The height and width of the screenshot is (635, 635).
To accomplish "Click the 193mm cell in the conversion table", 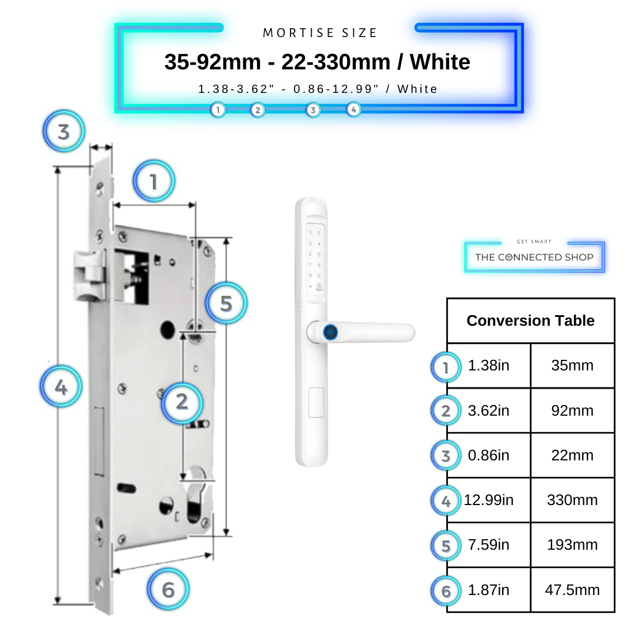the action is click(572, 544).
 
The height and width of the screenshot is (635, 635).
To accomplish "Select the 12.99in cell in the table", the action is click(489, 500).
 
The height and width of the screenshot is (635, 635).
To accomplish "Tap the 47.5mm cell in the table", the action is click(572, 590).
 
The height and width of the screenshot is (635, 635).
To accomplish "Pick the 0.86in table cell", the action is click(489, 455).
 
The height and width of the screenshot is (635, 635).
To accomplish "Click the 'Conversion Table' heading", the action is click(530, 320).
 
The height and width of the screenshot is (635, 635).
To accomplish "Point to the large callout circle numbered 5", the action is click(226, 303).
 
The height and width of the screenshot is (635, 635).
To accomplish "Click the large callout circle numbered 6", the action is click(168, 589).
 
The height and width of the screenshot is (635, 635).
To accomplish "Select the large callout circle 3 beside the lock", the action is click(63, 131).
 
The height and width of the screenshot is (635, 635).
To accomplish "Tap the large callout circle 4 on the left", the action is click(61, 387).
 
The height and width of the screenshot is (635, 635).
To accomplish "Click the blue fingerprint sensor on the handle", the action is click(330, 332).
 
